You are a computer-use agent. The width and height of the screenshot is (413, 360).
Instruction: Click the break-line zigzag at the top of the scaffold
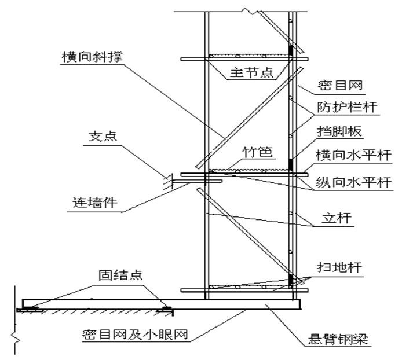tap(250, 11)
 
